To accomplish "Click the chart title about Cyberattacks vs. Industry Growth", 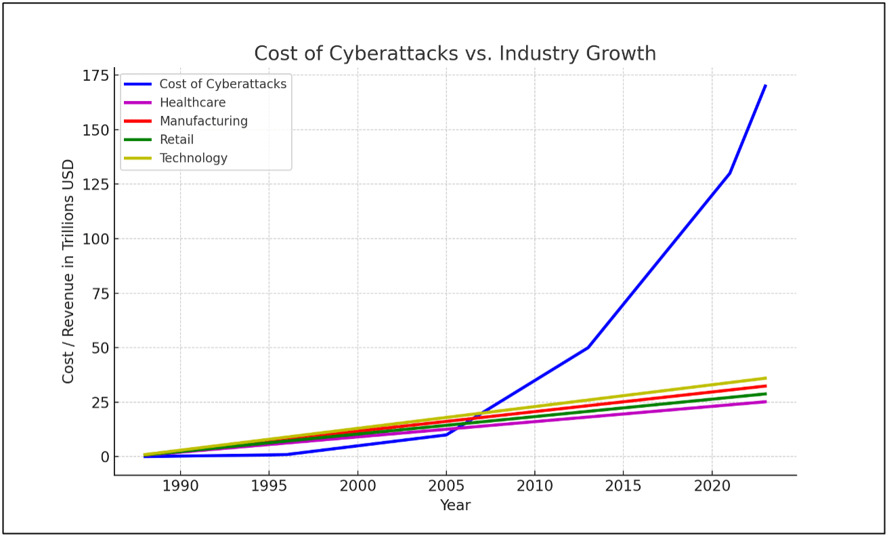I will coord(455,54).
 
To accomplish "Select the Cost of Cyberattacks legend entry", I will coord(223,84).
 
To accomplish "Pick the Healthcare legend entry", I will coord(192,103).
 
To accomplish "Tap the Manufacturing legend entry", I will coord(203,121).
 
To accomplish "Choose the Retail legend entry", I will coord(176,140).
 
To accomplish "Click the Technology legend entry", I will coord(193,158).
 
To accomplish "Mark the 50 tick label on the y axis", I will coord(99,348).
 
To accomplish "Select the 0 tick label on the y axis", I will coord(104,457).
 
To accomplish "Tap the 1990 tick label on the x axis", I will coord(180,486).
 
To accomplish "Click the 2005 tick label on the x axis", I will coord(446,486).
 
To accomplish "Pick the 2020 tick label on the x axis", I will coord(712,486).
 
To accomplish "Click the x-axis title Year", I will coord(455,506).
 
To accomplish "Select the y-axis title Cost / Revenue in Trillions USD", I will coord(68,271).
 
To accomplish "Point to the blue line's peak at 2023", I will coord(765,85).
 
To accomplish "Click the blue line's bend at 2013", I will coord(588,348).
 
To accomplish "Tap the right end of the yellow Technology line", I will coord(765,378).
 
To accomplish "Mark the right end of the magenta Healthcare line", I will coord(765,402).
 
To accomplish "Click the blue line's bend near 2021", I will coord(729,173).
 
